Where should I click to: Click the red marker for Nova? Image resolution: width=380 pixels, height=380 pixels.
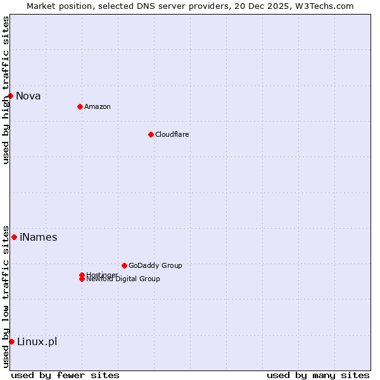(x=11, y=96)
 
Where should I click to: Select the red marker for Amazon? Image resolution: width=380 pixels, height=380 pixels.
(x=80, y=106)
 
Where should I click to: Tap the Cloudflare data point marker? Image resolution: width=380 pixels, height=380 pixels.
(x=151, y=134)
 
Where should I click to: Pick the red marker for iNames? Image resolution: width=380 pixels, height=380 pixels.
(x=14, y=237)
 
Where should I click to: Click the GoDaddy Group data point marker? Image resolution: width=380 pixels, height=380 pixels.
(x=124, y=265)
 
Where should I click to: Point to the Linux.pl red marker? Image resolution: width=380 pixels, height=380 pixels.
(x=11, y=342)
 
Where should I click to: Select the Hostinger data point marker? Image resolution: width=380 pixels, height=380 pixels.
(x=82, y=275)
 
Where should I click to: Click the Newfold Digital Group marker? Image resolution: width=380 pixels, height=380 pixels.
(x=82, y=279)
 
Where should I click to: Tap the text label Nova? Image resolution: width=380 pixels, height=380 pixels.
(x=28, y=96)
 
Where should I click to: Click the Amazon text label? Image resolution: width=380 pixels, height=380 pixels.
(x=98, y=106)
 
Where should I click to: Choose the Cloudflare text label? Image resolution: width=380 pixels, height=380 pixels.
(x=172, y=134)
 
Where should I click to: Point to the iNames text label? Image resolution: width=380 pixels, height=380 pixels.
(x=39, y=237)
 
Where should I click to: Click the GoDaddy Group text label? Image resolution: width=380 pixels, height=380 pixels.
(x=155, y=265)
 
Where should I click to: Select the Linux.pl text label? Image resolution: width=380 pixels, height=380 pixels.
(x=37, y=342)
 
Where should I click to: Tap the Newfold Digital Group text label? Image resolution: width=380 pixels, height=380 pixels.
(x=123, y=279)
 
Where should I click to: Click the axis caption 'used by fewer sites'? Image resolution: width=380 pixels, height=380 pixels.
(x=65, y=375)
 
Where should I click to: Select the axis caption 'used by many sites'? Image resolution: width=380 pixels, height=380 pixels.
(x=318, y=375)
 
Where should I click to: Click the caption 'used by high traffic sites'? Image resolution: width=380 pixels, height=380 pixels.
(x=6, y=90)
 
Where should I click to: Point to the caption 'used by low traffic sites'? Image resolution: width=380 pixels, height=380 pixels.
(x=6, y=296)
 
